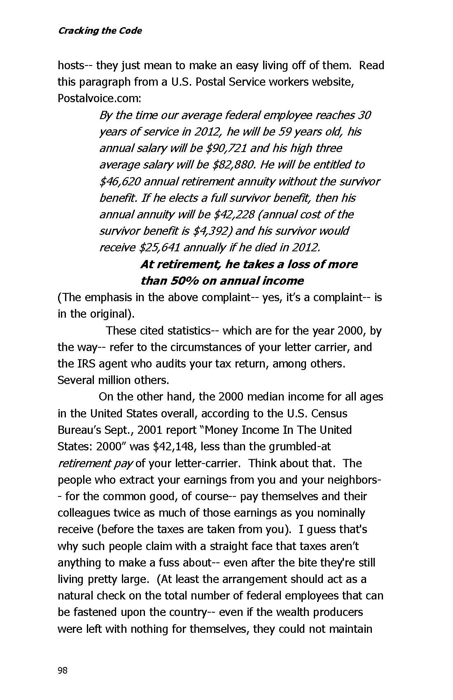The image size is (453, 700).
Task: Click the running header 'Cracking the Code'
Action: pos(100,31)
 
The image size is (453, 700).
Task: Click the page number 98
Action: pos(62,670)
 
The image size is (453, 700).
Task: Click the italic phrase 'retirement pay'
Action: pos(95,463)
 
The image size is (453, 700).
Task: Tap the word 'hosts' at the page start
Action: pos(71,65)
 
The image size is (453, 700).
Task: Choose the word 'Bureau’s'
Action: pos(79,430)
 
